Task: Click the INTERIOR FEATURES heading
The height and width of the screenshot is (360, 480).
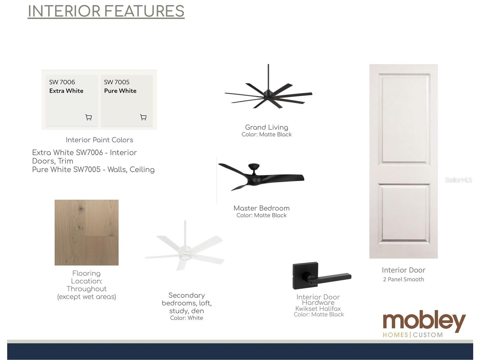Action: [x=106, y=11]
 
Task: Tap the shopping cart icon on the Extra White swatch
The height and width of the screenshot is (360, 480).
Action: [x=88, y=117]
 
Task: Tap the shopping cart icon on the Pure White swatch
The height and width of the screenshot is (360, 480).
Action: [x=143, y=117]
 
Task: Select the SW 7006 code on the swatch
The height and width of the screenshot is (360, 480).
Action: [x=62, y=82]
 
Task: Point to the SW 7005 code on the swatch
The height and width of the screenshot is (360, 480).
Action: [x=117, y=82]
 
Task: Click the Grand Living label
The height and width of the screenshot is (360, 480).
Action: [x=267, y=127]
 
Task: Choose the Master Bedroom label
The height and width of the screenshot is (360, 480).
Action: [x=262, y=208]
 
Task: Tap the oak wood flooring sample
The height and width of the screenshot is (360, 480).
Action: [x=87, y=232]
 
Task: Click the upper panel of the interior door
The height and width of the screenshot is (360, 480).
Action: [x=404, y=120]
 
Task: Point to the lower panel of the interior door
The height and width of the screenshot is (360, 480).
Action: [x=404, y=213]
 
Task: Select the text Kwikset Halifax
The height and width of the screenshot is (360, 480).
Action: [x=318, y=309]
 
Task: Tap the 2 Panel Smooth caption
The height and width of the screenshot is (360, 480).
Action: [x=403, y=279]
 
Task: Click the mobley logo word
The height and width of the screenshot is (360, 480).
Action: [x=424, y=321]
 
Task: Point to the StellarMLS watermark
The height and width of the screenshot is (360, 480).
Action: [x=458, y=180]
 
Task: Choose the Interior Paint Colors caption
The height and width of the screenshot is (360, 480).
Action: [x=99, y=140]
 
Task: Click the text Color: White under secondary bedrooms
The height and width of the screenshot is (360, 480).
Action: [x=186, y=318]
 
